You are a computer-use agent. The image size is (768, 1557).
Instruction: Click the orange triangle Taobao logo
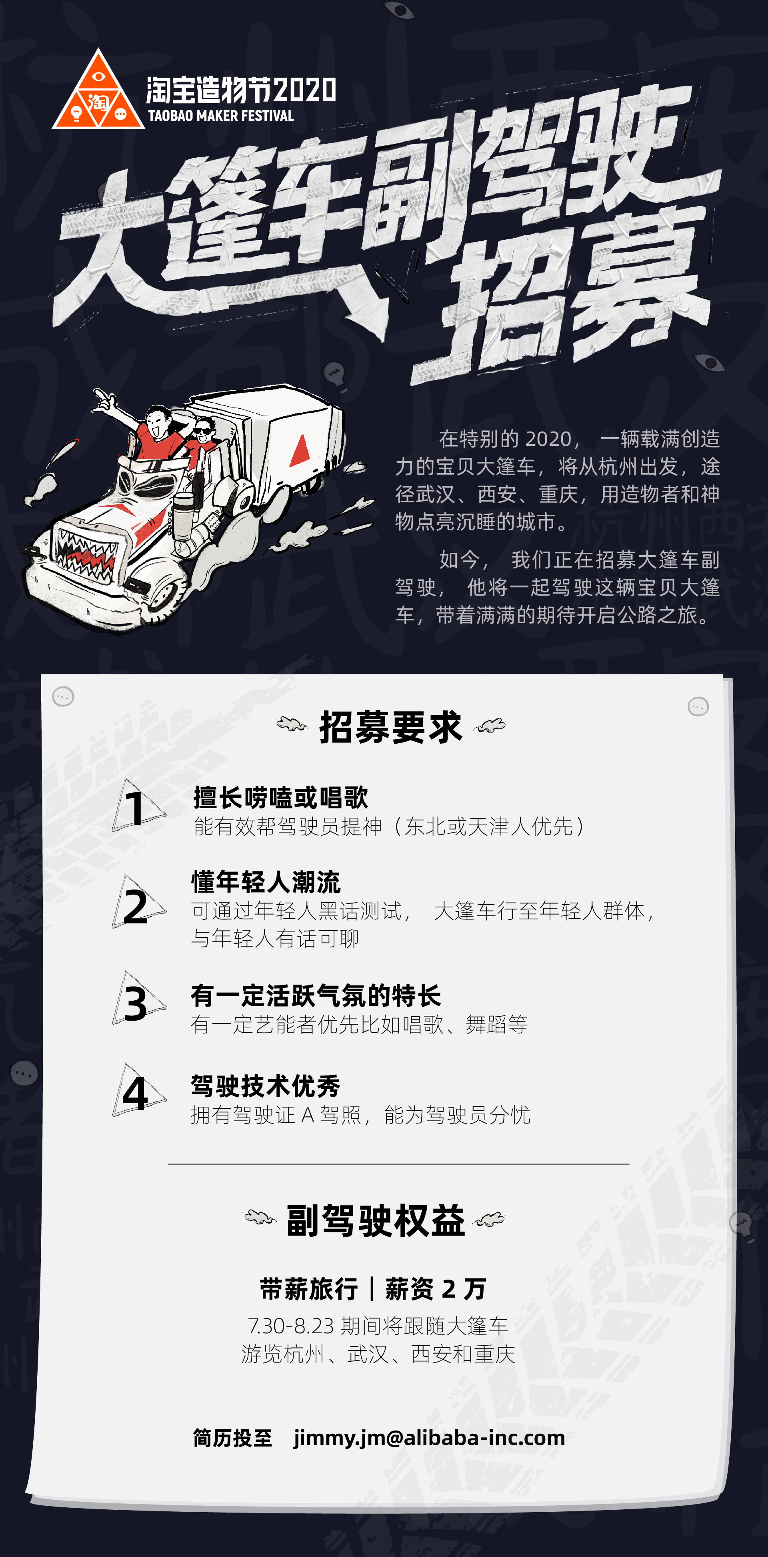pos(98,92)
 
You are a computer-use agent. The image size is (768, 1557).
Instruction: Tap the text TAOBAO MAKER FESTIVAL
pos(221,115)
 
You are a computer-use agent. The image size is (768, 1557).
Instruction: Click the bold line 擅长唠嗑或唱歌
pos(281,797)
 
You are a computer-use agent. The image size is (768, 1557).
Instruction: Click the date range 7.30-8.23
pos(291,1326)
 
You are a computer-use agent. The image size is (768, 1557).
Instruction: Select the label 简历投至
pos(233,1438)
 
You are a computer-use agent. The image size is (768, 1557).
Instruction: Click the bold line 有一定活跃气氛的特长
pos(316,995)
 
